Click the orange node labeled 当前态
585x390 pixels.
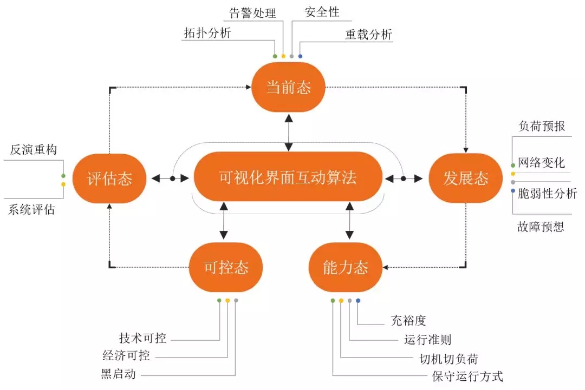click(x=288, y=87)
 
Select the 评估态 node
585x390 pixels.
click(x=110, y=179)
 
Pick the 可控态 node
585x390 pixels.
click(x=226, y=267)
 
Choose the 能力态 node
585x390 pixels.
click(x=346, y=267)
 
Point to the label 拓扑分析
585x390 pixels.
click(x=207, y=33)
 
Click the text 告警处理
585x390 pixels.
click(x=253, y=12)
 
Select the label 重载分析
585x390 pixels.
click(x=369, y=35)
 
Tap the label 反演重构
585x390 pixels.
click(x=33, y=150)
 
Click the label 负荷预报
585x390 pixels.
click(x=542, y=126)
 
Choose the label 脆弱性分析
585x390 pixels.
click(x=547, y=193)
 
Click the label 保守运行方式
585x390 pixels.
click(x=467, y=376)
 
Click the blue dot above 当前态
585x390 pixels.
click(x=301, y=56)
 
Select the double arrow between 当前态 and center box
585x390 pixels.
click(x=289, y=132)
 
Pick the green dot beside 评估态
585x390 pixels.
click(x=63, y=176)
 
